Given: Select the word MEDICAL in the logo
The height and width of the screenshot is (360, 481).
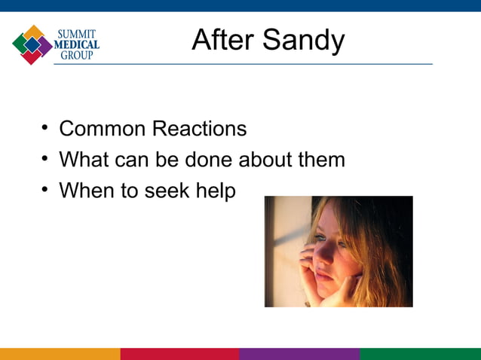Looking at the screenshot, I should [x=76, y=44].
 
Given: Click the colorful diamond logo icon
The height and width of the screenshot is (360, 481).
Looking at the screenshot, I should [x=32, y=44].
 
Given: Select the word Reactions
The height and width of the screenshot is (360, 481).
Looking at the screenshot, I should [x=199, y=129].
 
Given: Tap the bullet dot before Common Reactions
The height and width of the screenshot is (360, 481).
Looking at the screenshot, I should [x=45, y=129].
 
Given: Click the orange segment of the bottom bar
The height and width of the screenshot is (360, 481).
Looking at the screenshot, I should [x=60, y=354].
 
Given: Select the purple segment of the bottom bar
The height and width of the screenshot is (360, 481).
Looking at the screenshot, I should [x=299, y=354].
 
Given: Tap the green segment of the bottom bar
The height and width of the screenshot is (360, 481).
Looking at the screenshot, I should [x=420, y=354].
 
